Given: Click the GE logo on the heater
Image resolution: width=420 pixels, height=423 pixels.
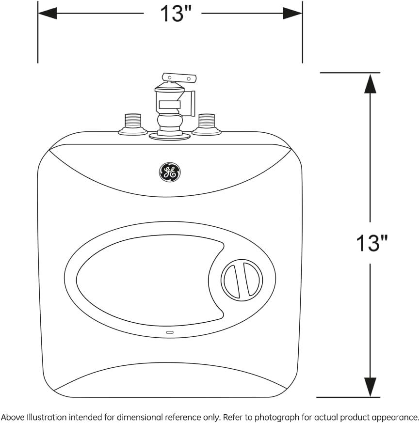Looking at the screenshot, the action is pos(170,172).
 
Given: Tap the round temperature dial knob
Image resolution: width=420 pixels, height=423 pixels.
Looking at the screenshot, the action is pos(242,280).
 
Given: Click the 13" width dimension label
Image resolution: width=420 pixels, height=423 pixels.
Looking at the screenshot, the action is pos(176,13).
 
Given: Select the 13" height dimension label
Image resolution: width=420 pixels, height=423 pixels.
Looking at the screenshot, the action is pos(372,243).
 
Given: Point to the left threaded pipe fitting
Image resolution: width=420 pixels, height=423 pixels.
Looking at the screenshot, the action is pos(132,125).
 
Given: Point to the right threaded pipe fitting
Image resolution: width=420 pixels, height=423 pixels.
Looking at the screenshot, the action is pos(207,125).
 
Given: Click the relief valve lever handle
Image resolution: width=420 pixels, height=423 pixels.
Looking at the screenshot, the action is pos(179,78).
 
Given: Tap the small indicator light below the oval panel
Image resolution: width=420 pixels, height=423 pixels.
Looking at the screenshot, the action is pos(170,332).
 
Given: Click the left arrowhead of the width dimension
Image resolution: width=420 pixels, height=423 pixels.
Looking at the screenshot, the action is pos(48,13).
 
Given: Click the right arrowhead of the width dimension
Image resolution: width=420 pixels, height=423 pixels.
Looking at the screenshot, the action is pos(292,13).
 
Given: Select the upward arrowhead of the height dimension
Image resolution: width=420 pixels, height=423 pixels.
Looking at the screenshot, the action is pos(370,84).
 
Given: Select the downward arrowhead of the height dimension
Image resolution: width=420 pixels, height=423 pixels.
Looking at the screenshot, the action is pos(370,387).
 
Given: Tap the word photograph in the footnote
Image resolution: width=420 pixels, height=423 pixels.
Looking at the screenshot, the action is pos(276,417).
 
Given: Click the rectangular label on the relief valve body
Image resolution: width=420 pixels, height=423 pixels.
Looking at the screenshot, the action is pos(170,104).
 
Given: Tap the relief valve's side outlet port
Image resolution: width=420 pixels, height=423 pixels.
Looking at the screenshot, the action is pos(189,104).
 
